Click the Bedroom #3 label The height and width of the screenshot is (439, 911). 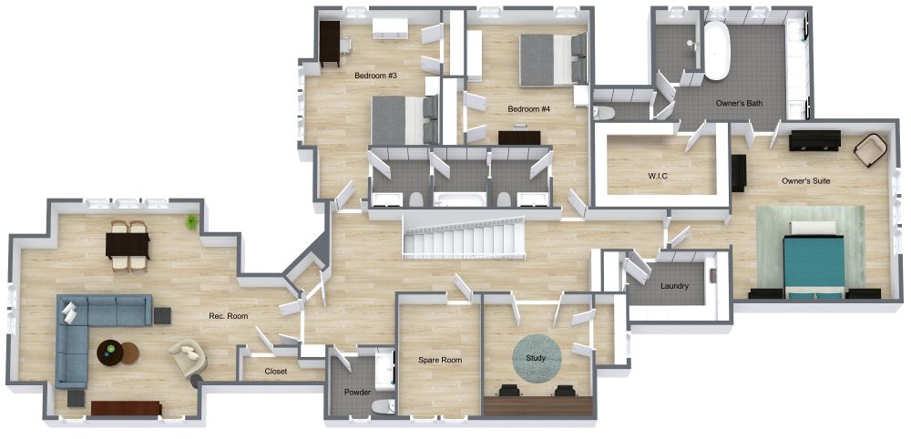click(375, 76)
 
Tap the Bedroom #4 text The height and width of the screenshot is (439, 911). click(528, 108)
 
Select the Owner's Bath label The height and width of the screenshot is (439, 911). click(739, 103)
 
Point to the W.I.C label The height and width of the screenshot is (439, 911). click(657, 175)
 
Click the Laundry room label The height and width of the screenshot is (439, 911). click(674, 286)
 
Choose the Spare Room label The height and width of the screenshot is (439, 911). click(440, 360)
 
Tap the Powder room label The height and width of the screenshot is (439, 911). click(357, 393)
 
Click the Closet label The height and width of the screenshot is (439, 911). click(275, 372)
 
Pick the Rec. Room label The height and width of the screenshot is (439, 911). click(229, 316)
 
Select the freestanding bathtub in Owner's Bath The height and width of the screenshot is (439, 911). click(717, 51)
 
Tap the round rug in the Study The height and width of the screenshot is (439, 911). click(537, 358)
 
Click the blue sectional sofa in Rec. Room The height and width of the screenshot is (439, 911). click(96, 331)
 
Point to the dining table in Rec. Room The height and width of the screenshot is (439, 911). click(128, 246)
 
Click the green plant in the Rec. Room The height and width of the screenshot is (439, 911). click(190, 221)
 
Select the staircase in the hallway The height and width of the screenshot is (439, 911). click(465, 237)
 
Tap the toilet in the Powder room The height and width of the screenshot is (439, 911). click(383, 406)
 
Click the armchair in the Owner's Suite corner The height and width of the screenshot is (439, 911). click(870, 149)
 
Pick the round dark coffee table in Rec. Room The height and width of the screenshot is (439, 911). click(110, 353)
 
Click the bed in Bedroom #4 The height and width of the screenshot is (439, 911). click(553, 60)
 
